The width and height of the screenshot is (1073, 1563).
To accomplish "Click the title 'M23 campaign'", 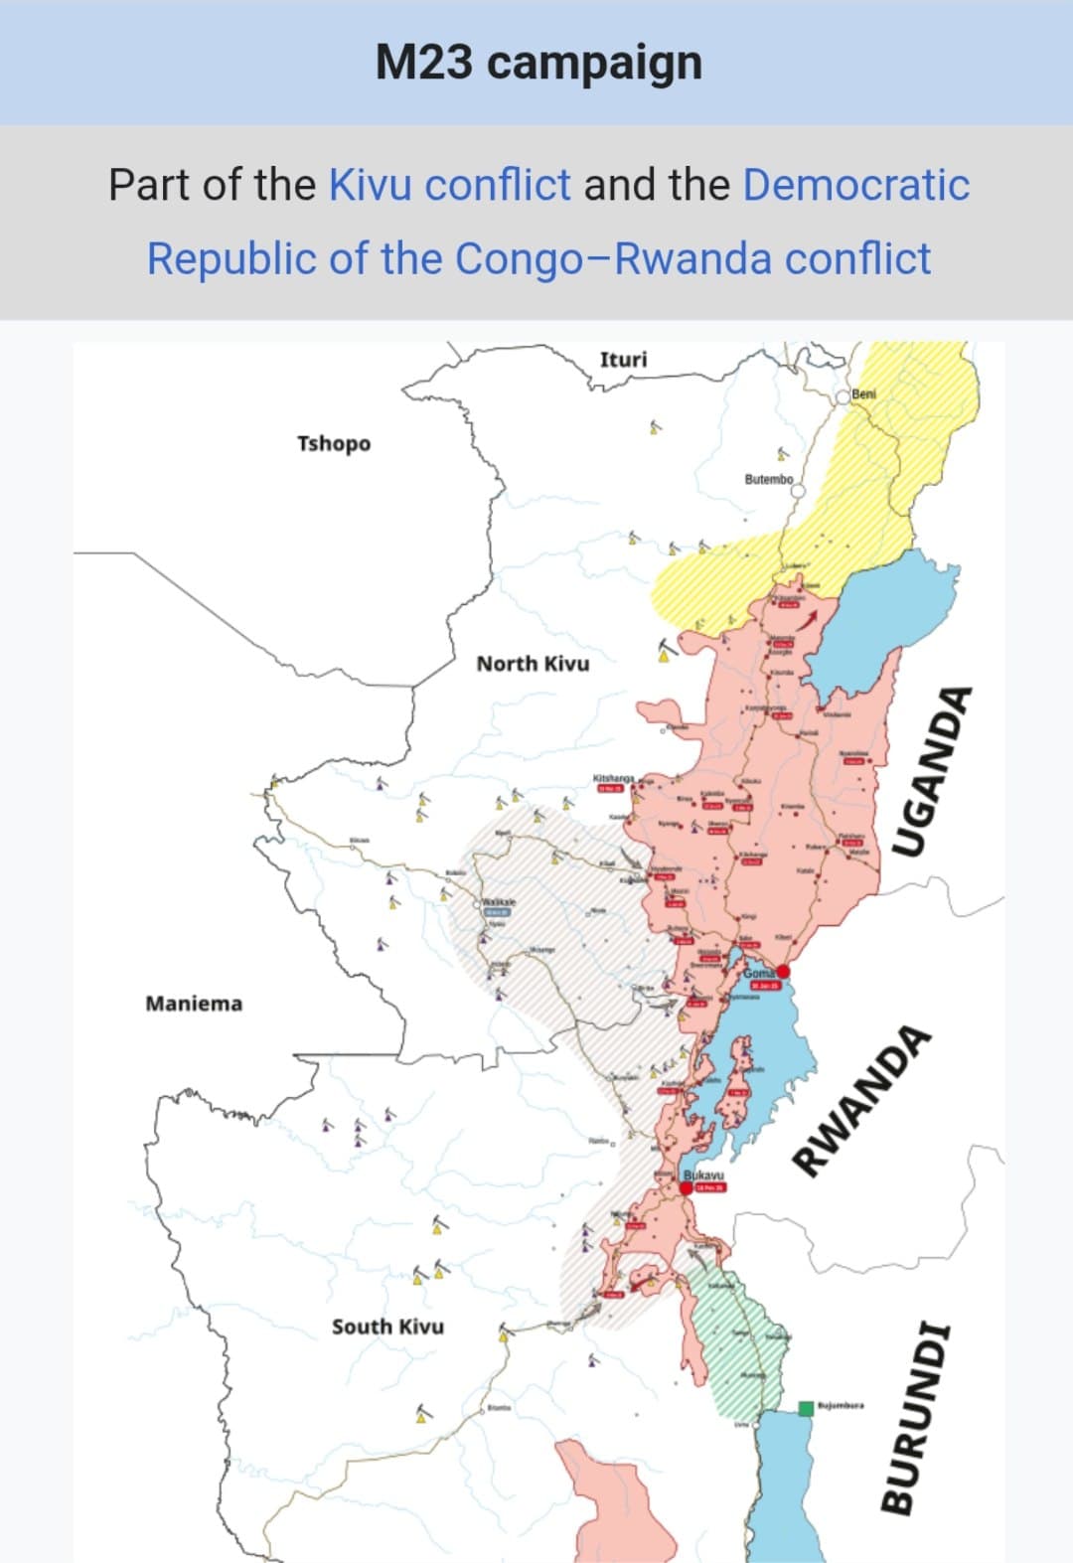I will [538, 63].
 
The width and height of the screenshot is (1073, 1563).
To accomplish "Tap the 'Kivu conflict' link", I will [449, 185].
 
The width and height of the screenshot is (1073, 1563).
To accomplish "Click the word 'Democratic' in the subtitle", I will [855, 185].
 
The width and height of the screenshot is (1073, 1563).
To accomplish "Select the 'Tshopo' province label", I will [333, 443].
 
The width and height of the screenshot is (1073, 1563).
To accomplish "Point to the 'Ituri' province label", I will [623, 359].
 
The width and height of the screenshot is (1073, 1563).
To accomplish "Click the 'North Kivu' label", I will [533, 663].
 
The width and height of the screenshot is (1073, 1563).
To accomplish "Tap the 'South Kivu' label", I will [387, 1327].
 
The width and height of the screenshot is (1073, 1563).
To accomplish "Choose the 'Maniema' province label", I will [194, 1004].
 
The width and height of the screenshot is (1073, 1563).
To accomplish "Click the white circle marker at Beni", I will [843, 395].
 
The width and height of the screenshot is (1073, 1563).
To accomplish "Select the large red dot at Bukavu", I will [687, 1187].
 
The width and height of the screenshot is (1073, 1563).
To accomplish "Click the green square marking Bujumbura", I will [806, 1408].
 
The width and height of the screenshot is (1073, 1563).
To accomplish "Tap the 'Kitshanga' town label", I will [613, 777].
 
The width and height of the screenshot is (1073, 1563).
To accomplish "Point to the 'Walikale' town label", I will [500, 901].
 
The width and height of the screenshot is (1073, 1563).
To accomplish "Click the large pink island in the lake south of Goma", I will [736, 1088].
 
